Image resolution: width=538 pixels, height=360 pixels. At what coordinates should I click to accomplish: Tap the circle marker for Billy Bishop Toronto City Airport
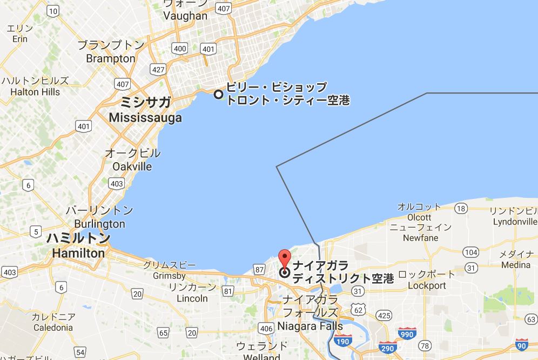coord(219,94)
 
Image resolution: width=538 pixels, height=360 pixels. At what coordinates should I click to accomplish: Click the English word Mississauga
coord(145,117)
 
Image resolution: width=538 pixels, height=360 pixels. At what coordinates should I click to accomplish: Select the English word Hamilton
coord(78,252)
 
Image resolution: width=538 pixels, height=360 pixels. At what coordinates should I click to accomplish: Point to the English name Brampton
coord(111,58)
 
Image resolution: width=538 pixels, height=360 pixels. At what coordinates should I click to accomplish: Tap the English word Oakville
coord(132,166)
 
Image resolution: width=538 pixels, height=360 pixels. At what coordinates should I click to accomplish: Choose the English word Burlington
coord(99,224)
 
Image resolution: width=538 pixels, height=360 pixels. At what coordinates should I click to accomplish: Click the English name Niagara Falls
coord(310,326)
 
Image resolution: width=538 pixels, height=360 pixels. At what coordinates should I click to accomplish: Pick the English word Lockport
coord(427,285)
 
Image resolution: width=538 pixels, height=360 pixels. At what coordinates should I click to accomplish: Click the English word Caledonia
coord(53,328)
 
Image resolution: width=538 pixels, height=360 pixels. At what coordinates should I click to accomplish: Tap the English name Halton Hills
coord(35,92)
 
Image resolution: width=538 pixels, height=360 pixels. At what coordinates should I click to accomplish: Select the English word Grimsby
coord(169,276)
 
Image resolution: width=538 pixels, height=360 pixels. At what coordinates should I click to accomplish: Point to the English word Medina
coord(515,265)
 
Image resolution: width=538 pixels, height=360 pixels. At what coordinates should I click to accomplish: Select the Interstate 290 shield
coord(387,348)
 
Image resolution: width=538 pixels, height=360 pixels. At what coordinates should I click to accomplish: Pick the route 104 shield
coord(471,252)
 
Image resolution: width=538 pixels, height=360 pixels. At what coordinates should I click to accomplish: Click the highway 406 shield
coord(265,328)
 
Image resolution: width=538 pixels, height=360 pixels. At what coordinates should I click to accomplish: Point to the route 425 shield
coord(384,315)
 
